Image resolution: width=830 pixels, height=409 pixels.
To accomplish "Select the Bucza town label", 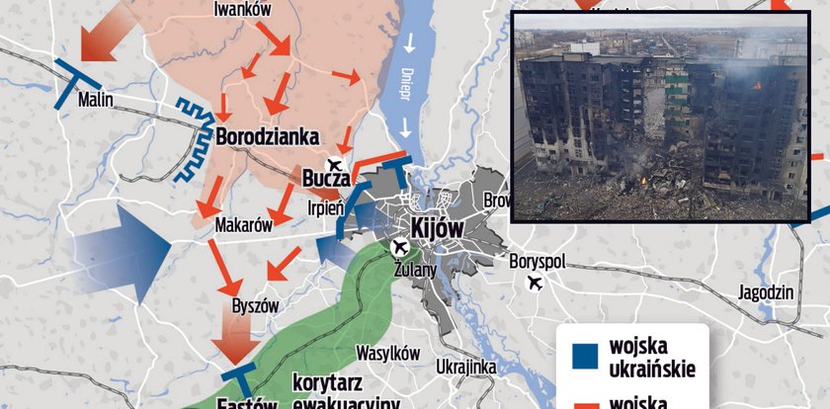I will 325,179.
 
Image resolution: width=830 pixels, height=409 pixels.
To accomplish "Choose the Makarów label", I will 243,225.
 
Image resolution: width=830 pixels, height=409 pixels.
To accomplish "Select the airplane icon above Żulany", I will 400,246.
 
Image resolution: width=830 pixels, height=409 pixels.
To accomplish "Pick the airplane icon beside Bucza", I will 336,164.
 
